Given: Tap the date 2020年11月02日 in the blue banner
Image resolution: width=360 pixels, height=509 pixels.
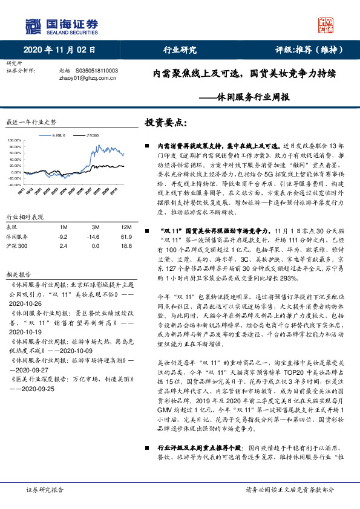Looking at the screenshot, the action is (60, 50).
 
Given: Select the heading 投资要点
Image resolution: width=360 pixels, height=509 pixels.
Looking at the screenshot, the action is (165, 123).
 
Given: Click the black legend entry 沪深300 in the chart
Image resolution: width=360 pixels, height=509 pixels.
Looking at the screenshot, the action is (93, 135).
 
